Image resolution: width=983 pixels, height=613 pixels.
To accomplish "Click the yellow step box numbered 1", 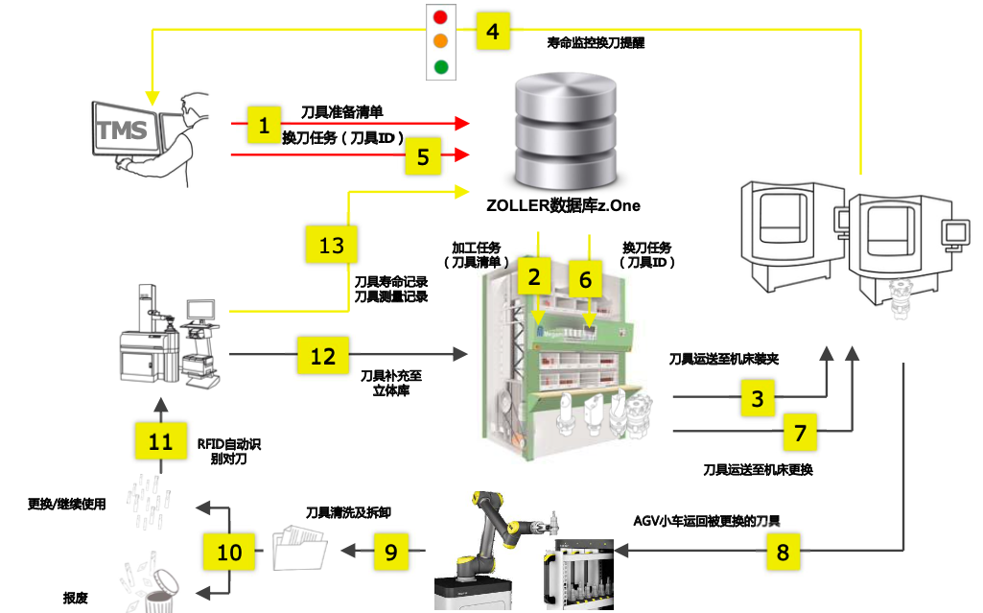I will (264, 124).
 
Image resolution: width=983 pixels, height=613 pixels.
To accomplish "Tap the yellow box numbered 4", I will (493, 32).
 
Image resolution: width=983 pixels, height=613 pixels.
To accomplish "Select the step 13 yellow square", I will (331, 246).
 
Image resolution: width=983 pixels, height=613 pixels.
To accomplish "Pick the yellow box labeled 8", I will (784, 552).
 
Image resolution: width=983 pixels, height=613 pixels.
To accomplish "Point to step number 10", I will (230, 553).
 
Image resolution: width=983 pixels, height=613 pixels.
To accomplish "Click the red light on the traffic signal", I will (441, 17).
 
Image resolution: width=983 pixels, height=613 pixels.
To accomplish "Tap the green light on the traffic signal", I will (441, 67).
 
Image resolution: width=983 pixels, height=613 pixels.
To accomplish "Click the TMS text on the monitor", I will (123, 130).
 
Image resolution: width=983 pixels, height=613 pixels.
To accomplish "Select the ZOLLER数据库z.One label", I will (563, 205).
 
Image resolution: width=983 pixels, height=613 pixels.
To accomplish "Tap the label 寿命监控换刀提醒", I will (596, 43).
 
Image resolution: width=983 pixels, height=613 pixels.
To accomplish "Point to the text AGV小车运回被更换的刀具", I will (707, 521).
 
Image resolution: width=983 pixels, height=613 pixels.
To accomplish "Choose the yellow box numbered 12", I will (323, 355).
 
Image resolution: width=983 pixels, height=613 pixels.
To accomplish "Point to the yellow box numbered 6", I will (586, 278).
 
